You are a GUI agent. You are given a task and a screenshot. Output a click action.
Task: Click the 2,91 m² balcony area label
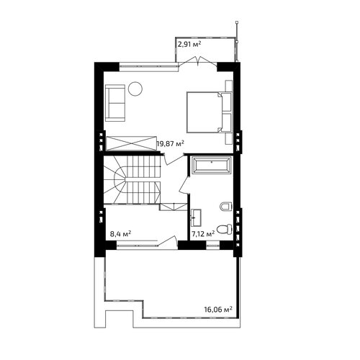(189, 44)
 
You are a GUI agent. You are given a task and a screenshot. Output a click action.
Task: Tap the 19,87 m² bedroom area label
(171, 143)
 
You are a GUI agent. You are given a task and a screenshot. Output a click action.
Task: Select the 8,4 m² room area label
(120, 233)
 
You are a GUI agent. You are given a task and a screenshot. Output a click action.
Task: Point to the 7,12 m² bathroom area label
(203, 233)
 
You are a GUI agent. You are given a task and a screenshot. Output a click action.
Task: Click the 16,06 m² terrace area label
(218, 309)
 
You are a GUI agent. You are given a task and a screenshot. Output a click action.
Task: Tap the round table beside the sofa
(135, 89)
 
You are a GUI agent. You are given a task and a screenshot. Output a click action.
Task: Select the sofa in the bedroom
(115, 103)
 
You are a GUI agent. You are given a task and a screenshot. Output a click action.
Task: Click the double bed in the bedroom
(210, 112)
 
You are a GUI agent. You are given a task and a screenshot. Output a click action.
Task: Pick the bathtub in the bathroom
(211, 165)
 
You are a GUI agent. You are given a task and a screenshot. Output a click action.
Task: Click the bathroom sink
(196, 217)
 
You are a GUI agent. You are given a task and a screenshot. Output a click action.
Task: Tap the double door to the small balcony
(198, 60)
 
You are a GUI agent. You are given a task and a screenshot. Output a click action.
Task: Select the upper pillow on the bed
(226, 102)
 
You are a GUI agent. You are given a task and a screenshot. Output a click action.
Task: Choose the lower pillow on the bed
(226, 122)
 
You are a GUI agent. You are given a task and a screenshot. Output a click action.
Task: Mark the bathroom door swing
(184, 184)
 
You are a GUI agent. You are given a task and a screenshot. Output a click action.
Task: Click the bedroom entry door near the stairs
(174, 159)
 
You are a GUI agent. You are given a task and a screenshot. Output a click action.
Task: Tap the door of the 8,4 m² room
(168, 240)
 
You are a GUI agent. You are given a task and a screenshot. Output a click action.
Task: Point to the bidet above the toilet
(226, 206)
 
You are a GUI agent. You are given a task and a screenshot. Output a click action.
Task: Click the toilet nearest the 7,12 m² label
(225, 229)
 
